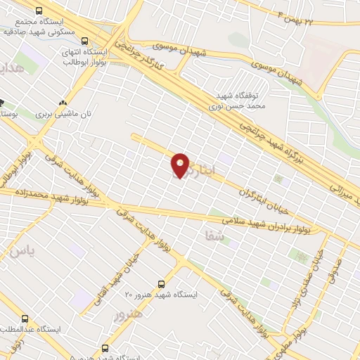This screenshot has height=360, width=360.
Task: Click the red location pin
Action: coord(181,166)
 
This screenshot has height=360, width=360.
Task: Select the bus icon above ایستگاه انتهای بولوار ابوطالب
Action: coord(86,41)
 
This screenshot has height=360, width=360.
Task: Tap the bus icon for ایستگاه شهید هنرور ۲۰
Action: coord(162,283)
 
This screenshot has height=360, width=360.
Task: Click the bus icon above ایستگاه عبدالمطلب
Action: coord(27,319)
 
